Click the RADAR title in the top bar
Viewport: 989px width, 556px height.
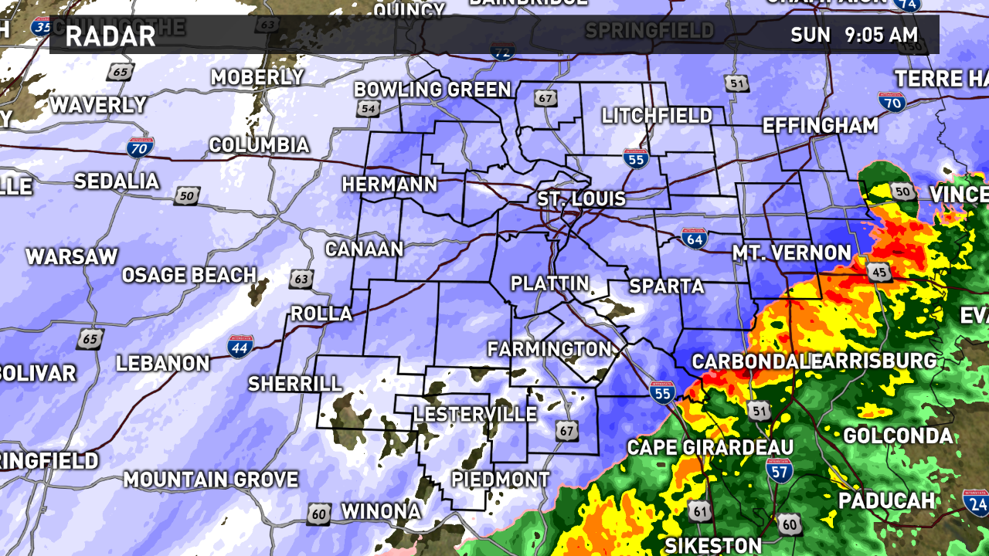110,36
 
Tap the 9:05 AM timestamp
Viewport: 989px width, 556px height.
881,35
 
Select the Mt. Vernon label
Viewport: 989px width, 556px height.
791,253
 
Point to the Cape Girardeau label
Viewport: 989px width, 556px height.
710,447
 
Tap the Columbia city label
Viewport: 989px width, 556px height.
259,145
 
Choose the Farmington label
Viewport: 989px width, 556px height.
549,349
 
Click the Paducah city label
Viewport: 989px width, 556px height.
887,500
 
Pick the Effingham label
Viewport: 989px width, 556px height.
821,126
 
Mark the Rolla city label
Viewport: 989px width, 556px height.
321,314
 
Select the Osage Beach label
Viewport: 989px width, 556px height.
189,275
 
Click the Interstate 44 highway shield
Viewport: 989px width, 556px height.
240,347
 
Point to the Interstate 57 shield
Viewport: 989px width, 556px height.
779,470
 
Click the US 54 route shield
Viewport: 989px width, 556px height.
369,109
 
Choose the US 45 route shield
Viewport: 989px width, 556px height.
879,271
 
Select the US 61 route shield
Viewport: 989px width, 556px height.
700,510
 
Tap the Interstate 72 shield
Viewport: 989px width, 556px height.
503,53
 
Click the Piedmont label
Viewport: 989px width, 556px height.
500,480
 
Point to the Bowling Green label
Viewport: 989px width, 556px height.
433,90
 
